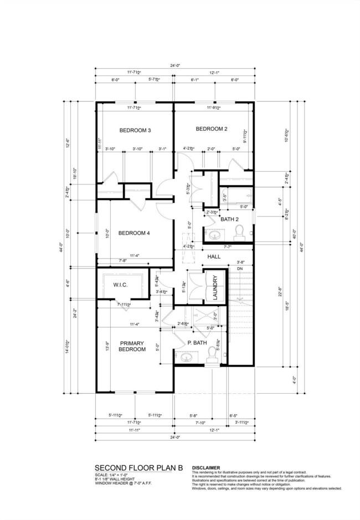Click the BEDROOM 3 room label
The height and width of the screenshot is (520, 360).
coord(135,131)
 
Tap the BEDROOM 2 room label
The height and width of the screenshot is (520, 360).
coord(211,129)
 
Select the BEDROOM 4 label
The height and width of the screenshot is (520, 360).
coord(134,233)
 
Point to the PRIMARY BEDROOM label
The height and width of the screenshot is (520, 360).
coord(132,346)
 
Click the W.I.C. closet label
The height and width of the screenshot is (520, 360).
coord(121,285)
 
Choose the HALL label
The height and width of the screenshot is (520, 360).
coord(214,257)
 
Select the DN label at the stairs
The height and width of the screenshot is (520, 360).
coord(240,269)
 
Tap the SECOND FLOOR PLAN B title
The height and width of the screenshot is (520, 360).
coord(138,467)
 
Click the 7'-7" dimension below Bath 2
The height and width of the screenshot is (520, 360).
coord(228,246)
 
